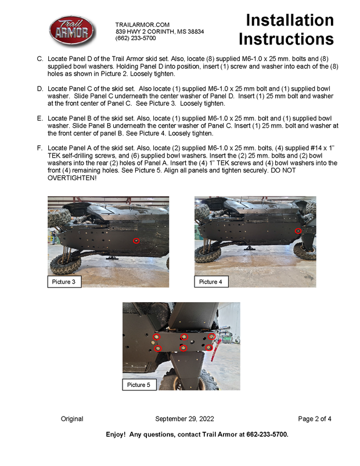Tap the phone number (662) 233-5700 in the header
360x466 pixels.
tap(136, 38)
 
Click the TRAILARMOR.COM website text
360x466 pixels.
tap(142, 24)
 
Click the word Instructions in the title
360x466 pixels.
tap(286, 39)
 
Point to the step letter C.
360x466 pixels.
tap(39, 59)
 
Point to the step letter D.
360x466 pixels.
tap(39, 88)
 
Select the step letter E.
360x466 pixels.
tap(39, 118)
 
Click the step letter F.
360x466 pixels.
tap(39, 148)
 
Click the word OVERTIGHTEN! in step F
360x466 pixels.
tap(72, 178)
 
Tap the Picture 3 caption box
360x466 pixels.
tap(64, 282)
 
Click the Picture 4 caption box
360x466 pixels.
tap(211, 282)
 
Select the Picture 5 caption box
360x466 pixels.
tap(139, 385)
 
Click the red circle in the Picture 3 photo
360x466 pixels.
tap(136, 241)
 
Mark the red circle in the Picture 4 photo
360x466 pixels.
tap(298, 231)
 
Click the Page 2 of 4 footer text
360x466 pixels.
tap(315, 419)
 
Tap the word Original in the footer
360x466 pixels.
tap(72, 419)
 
